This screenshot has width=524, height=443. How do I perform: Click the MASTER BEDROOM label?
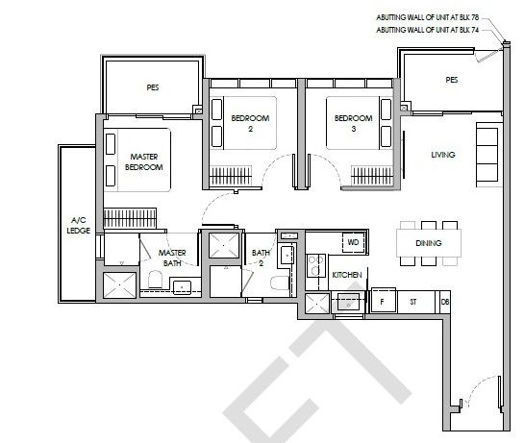(x=144, y=161)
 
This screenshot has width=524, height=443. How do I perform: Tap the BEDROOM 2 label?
(x=250, y=123)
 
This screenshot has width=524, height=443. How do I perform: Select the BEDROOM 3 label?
(x=354, y=123)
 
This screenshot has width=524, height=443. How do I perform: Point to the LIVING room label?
(x=443, y=155)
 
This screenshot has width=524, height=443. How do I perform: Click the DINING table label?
(x=429, y=243)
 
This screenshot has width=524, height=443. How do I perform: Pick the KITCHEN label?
(x=347, y=275)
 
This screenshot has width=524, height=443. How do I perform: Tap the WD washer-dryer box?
(x=353, y=242)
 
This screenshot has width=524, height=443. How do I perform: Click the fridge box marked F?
(x=383, y=301)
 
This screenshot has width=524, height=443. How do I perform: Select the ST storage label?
(x=413, y=302)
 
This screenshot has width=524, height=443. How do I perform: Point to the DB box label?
(x=445, y=302)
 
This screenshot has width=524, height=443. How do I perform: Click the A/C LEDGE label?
(x=78, y=225)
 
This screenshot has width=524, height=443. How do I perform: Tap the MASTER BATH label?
(x=172, y=258)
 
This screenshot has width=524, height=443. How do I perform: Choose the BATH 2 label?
(x=261, y=258)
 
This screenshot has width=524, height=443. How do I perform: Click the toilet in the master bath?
(x=155, y=280)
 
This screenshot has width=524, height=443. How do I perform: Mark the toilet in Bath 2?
(x=280, y=283)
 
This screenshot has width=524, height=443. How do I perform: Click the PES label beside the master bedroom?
(x=153, y=87)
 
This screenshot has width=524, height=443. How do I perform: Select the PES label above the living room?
(x=452, y=80)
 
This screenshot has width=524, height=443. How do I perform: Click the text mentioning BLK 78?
(x=428, y=17)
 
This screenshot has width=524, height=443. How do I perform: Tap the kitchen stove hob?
(x=315, y=266)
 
